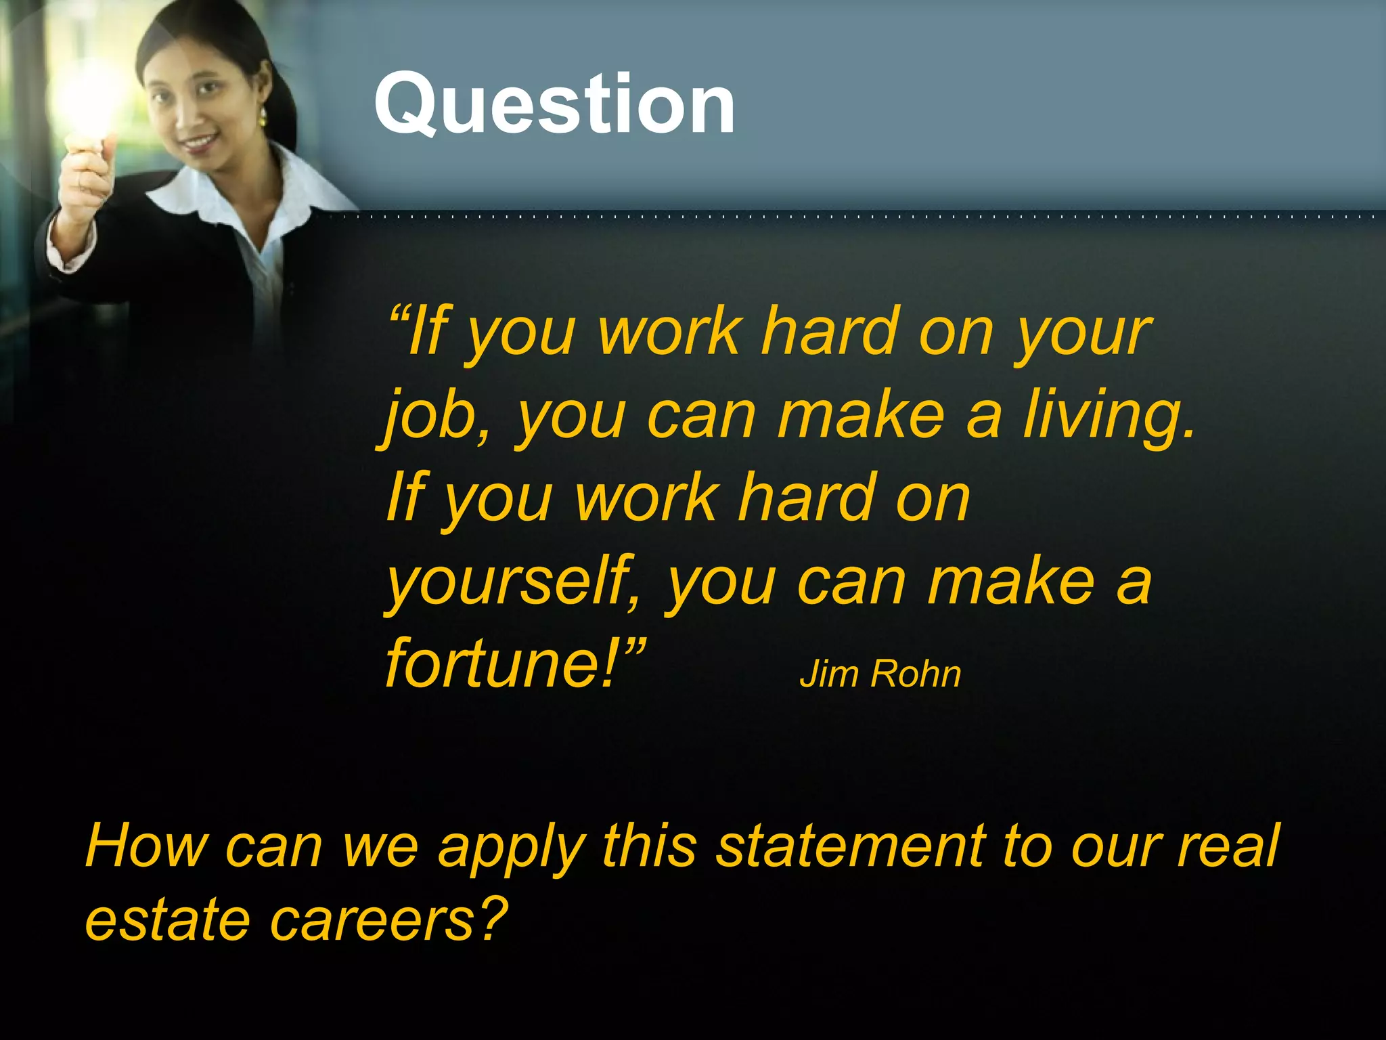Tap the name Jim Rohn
[880, 674]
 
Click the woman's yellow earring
[263, 116]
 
